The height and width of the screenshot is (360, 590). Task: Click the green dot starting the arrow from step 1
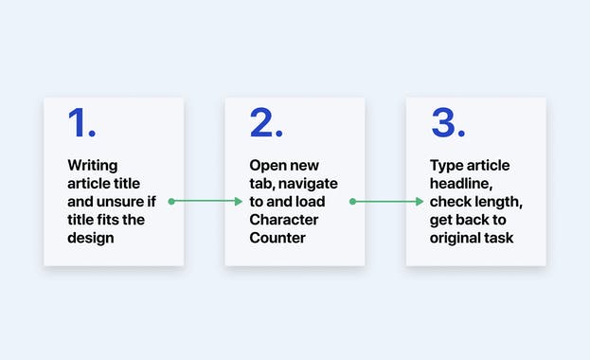[170, 201]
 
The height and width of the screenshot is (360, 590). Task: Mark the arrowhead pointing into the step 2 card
[239, 201]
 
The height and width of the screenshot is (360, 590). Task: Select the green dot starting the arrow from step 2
[352, 201]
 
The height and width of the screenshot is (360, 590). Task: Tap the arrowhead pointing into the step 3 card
[420, 201]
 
